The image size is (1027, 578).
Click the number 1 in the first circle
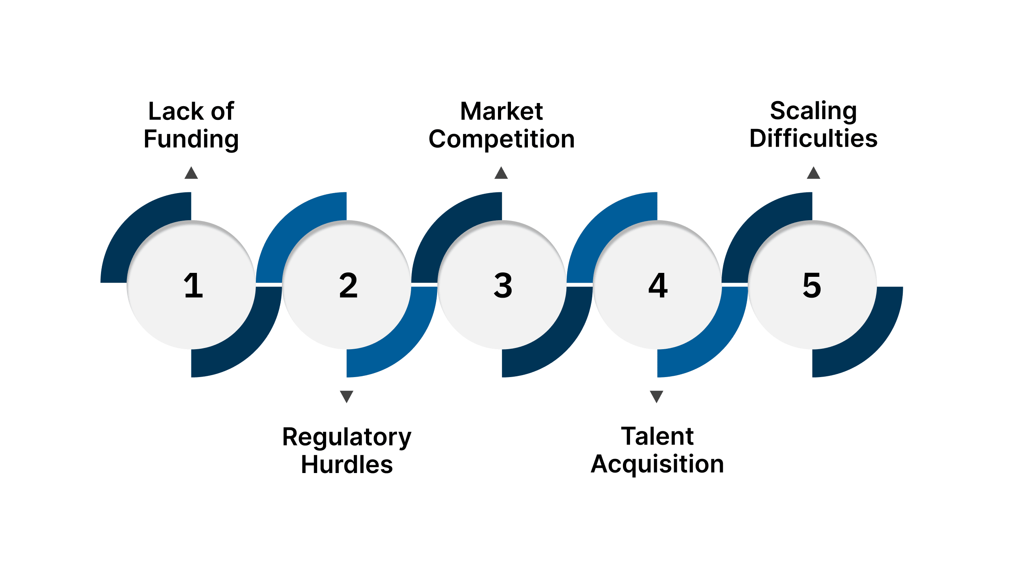point(193,285)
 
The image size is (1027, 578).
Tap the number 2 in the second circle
point(348,285)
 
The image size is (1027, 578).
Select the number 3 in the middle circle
point(503,285)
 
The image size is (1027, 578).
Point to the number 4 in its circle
point(658,285)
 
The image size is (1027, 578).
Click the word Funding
point(191,139)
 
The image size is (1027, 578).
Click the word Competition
point(501,139)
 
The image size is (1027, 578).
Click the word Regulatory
point(346,437)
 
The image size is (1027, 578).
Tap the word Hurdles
point(346,465)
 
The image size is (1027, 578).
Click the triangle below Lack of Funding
point(191,173)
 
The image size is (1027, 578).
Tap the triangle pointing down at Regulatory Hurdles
point(346,396)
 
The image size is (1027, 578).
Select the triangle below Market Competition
point(501,173)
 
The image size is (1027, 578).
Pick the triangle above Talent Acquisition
point(657,396)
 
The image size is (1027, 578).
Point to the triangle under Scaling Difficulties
point(813,173)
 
